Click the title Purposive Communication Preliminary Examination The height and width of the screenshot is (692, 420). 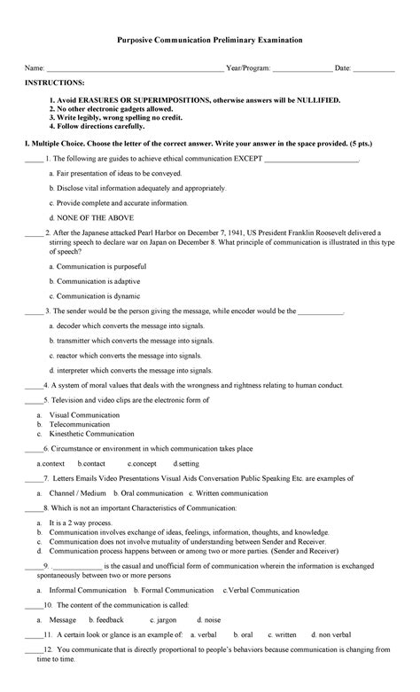coord(210,41)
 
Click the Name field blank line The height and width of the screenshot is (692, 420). coord(133,70)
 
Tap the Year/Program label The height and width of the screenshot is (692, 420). coord(248,67)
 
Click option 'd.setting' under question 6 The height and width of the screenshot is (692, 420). coord(186,463)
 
